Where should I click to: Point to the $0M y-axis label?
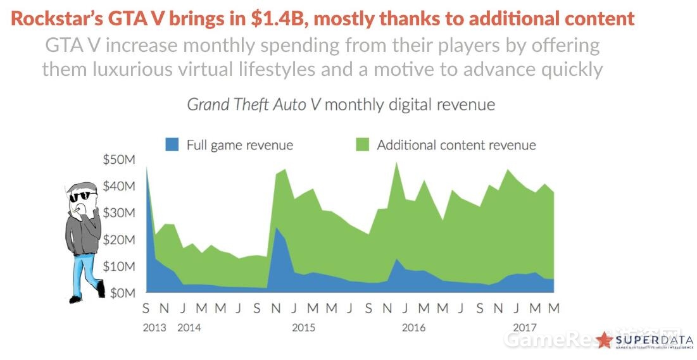[121, 293]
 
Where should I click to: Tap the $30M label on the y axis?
[118, 213]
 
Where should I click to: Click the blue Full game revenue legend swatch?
[172, 145]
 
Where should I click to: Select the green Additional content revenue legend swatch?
[361, 145]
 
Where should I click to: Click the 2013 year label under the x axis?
[154, 328]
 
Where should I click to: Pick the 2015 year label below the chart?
[304, 328]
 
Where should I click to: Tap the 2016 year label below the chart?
[413, 328]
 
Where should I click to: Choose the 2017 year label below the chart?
[525, 328]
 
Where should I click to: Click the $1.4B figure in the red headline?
[275, 19]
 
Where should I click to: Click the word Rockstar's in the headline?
[52, 19]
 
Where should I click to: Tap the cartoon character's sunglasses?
[80, 197]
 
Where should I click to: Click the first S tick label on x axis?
[146, 309]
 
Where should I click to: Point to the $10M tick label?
[118, 266]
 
